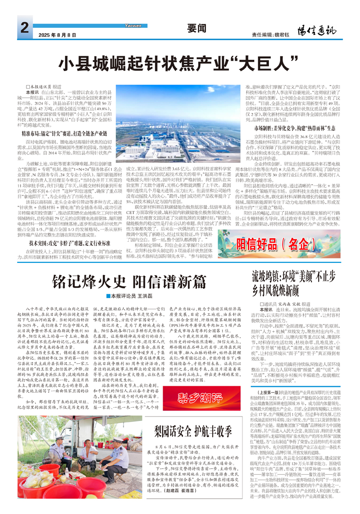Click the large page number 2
click(24, 28)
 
